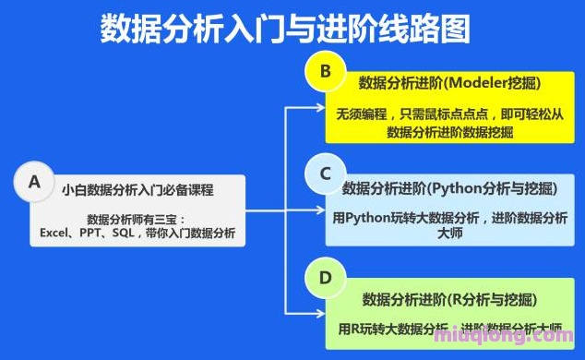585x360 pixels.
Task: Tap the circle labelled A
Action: point(35,182)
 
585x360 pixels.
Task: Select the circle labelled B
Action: point(326,71)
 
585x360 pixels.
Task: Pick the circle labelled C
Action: point(326,173)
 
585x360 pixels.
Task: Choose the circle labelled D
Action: point(326,277)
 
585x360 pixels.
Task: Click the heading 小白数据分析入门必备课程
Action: point(138,191)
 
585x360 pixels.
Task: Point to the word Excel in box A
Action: point(47,234)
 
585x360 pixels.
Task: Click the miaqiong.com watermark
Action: point(526,345)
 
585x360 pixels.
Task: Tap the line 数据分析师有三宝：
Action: point(137,219)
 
